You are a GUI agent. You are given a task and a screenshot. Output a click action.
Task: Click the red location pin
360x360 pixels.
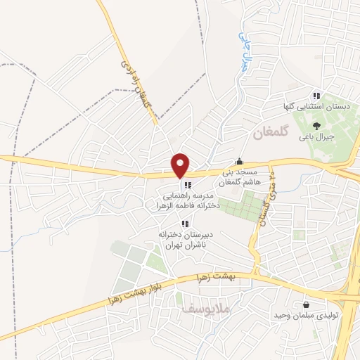181,165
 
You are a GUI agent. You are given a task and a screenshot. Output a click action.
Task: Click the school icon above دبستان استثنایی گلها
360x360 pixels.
316,96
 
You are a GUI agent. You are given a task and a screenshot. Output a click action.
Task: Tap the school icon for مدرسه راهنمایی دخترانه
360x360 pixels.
185,186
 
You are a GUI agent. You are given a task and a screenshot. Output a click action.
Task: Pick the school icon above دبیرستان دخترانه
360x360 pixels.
185,223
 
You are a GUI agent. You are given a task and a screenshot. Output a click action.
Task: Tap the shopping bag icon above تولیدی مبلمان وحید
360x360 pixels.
307,304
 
